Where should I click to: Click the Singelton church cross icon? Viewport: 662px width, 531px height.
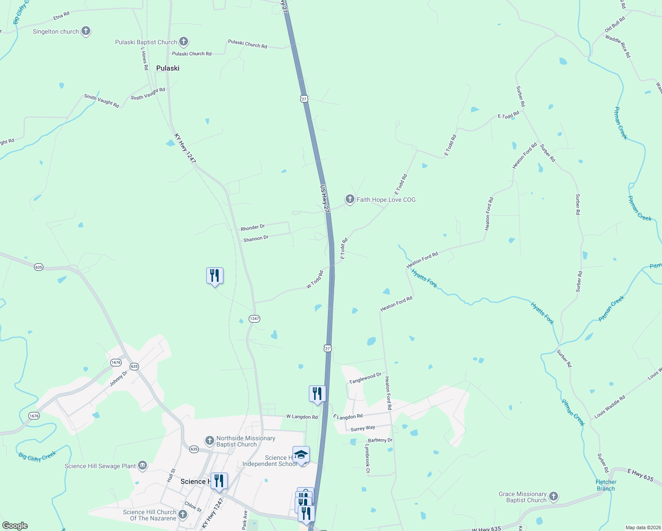pos(86,31)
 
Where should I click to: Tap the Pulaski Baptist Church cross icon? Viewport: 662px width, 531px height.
pos(184,42)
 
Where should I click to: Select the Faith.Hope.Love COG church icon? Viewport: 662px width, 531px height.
pos(350,199)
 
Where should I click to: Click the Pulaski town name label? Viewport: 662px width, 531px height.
pos(168,68)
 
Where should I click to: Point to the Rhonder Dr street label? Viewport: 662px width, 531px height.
pos(253,227)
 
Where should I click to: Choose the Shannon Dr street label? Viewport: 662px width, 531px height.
pos(256,239)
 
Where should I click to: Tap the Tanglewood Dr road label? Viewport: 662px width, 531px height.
pos(365,378)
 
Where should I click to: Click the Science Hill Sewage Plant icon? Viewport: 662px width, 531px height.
pos(142,466)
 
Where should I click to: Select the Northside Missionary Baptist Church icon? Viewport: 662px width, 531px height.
pos(210,441)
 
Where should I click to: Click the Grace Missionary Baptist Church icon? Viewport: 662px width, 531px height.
pos(554,497)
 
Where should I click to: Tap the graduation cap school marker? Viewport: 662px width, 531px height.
pos(301,455)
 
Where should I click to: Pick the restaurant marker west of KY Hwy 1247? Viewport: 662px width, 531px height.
pos(215,276)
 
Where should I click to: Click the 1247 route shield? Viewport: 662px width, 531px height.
pos(254,319)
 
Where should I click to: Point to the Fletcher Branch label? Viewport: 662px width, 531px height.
pos(606,485)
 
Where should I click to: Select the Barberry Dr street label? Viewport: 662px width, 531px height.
pos(380,440)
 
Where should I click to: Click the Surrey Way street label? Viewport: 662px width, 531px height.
pos(363,428)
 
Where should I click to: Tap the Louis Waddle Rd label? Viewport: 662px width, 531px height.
pos(610,407)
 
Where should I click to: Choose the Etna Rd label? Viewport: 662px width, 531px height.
pos(62,15)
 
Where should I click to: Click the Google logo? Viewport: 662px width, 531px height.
pos(15,526)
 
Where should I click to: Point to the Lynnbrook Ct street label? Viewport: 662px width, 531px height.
pos(367,458)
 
